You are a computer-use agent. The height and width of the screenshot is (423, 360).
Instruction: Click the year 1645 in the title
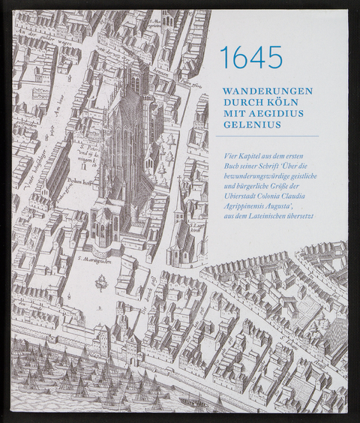coord(251,57)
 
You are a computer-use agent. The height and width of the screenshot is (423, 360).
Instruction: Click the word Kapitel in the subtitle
coord(256,155)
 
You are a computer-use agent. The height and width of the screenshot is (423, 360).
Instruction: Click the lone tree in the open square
coord(99,283)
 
